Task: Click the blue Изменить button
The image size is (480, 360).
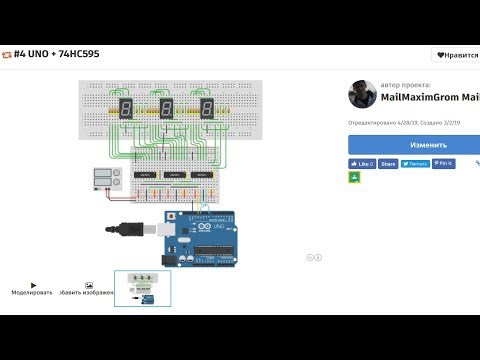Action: pyautogui.click(x=414, y=144)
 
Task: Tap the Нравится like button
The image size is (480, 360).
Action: pyautogui.click(x=455, y=55)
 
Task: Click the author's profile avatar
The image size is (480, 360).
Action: pyautogui.click(x=362, y=95)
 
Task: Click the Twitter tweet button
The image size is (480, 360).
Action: pyautogui.click(x=414, y=163)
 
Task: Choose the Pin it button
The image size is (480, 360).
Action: pyautogui.click(x=442, y=163)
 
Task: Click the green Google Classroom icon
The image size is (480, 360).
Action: pyautogui.click(x=354, y=177)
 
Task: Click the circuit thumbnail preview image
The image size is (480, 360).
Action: pyautogui.click(x=142, y=288)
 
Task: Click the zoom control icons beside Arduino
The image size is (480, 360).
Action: pyautogui.click(x=313, y=257)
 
